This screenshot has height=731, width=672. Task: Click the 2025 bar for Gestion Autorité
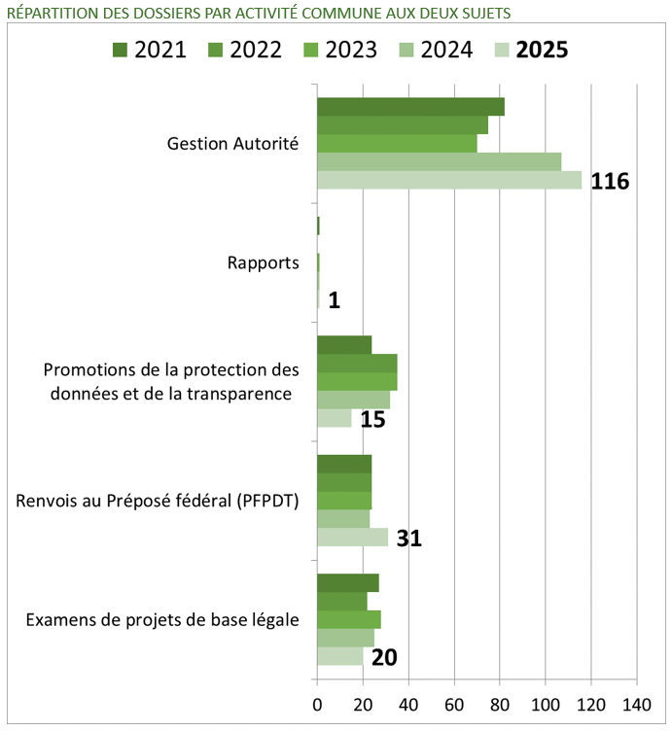click(x=449, y=181)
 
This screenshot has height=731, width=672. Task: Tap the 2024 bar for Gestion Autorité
click(x=439, y=162)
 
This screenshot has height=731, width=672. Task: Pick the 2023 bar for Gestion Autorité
click(x=397, y=144)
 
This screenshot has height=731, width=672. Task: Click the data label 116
click(x=610, y=182)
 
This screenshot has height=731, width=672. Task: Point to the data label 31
click(x=408, y=539)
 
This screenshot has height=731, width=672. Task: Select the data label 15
click(x=372, y=420)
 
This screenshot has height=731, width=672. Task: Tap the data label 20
click(x=384, y=658)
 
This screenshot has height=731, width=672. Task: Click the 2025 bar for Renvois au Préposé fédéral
click(x=352, y=538)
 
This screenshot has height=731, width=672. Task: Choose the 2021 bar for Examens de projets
click(x=347, y=582)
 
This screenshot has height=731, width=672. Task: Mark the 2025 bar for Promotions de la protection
click(x=334, y=418)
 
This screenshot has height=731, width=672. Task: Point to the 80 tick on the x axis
click(x=500, y=704)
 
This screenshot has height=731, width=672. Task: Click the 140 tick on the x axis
click(x=636, y=704)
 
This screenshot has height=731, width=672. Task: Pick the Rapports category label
click(x=263, y=263)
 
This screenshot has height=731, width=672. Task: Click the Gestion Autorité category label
click(x=232, y=144)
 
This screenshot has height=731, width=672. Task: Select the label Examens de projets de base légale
click(x=161, y=620)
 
